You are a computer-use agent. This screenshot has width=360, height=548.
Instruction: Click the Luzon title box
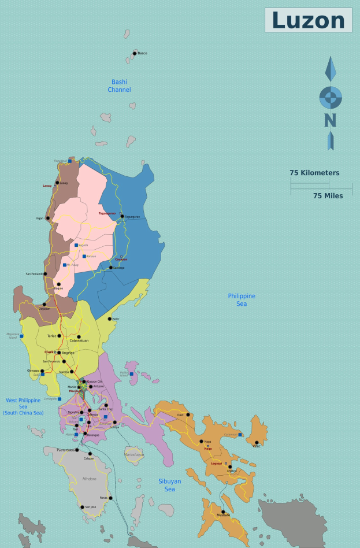(308, 20)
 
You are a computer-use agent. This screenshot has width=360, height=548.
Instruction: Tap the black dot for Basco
(135, 53)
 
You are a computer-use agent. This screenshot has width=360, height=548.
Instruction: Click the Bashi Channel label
(119, 86)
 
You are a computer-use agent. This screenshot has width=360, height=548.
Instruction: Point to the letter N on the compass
(330, 120)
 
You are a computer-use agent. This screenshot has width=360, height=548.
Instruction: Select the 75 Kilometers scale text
(314, 173)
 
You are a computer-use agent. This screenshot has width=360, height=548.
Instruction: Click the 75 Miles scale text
(328, 196)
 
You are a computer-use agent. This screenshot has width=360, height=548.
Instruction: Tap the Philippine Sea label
(242, 300)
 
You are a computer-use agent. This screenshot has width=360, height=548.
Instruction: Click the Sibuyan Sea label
(169, 485)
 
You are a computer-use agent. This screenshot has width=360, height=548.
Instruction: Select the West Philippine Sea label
(23, 406)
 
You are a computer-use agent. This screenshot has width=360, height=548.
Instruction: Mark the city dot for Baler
(109, 319)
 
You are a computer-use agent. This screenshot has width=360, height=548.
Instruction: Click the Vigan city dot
(47, 219)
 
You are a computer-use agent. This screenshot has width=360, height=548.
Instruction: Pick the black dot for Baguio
(58, 284)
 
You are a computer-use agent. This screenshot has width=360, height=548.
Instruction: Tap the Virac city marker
(257, 443)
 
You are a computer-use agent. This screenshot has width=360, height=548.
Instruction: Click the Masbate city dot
(222, 512)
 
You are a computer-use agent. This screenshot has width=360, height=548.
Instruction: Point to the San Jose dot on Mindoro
(82, 507)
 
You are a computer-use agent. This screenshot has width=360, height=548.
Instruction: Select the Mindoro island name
(88, 479)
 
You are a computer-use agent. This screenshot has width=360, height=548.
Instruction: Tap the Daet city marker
(188, 414)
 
